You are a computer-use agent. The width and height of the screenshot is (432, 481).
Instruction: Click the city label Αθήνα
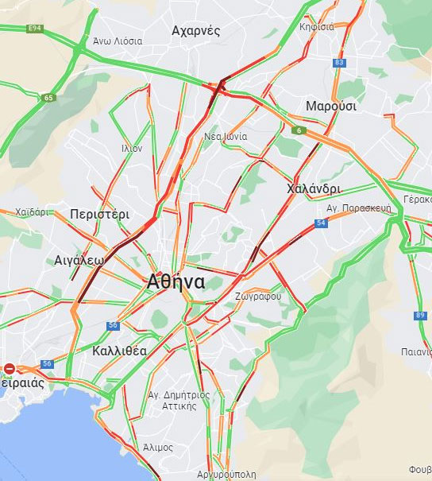175,281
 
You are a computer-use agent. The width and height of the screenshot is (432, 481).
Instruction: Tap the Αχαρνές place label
195,30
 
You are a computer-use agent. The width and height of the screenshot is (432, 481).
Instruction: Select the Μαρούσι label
331,106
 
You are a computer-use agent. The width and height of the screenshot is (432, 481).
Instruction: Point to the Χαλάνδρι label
314,189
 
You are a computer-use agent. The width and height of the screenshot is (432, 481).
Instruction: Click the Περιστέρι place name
99,215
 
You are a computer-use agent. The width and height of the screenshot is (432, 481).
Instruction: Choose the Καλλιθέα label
119,351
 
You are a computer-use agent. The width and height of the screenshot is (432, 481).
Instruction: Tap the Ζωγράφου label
258,296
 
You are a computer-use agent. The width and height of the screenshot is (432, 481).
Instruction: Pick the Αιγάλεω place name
79,260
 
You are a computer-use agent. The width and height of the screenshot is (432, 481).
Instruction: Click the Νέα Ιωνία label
226,136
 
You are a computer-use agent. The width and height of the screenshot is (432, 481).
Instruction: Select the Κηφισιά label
316,27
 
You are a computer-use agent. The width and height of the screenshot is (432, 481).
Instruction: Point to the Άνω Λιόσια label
118,41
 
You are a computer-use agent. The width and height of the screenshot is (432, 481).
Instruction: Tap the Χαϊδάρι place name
32,212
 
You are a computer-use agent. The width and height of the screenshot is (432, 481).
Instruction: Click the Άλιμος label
158,448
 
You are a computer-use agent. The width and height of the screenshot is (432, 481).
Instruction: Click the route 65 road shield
50,98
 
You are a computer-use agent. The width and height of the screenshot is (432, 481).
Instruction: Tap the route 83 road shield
340,63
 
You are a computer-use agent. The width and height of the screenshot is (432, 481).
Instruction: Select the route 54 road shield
321,223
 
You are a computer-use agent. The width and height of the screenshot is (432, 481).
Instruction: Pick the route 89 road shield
419,316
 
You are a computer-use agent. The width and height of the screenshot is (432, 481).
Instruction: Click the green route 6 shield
299,130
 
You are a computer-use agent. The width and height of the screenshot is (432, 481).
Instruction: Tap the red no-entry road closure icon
10,368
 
